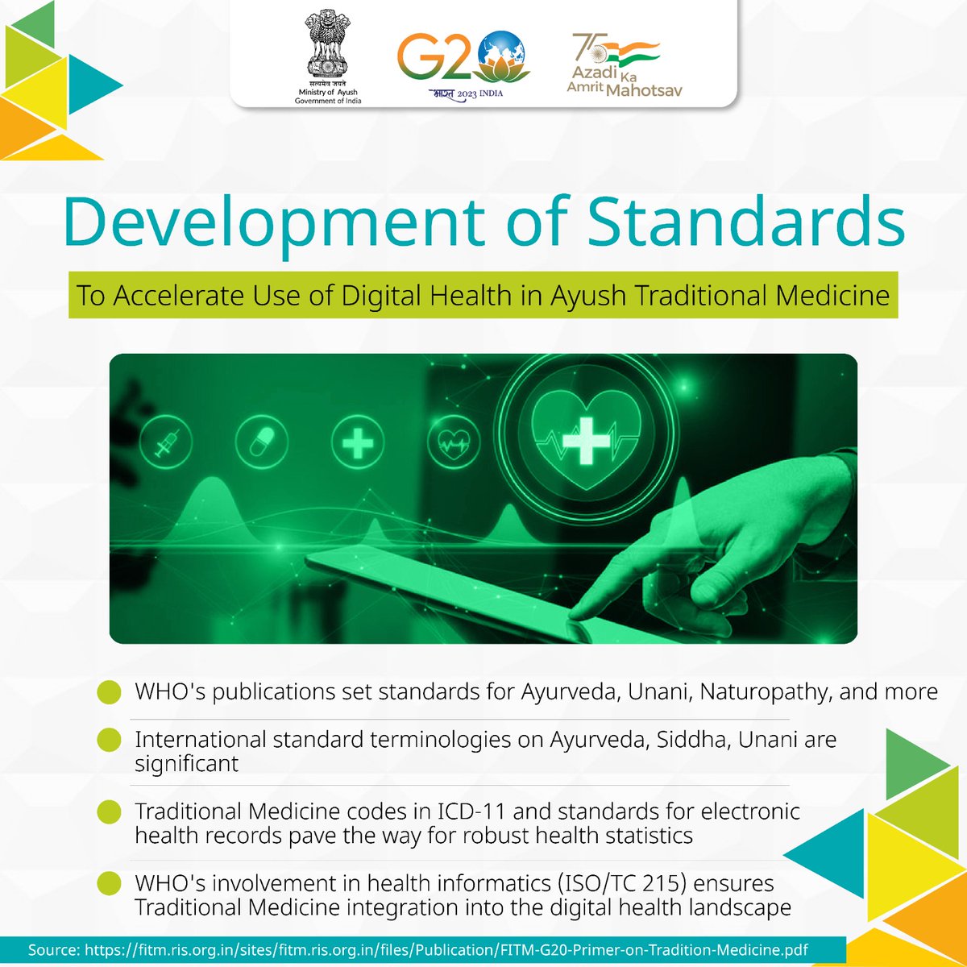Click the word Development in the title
point(274,222)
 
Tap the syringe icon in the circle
point(166,442)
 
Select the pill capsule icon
point(262,442)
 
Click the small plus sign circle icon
point(358,442)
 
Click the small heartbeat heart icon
point(454,442)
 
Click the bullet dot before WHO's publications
point(109,693)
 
